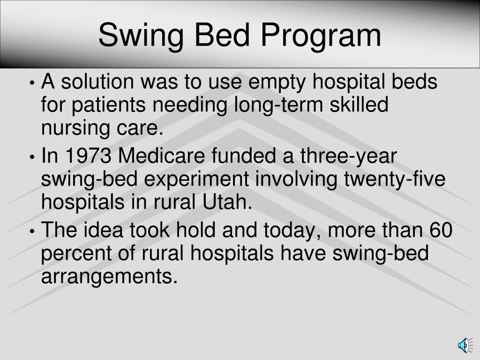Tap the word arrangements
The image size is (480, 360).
click(110, 277)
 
